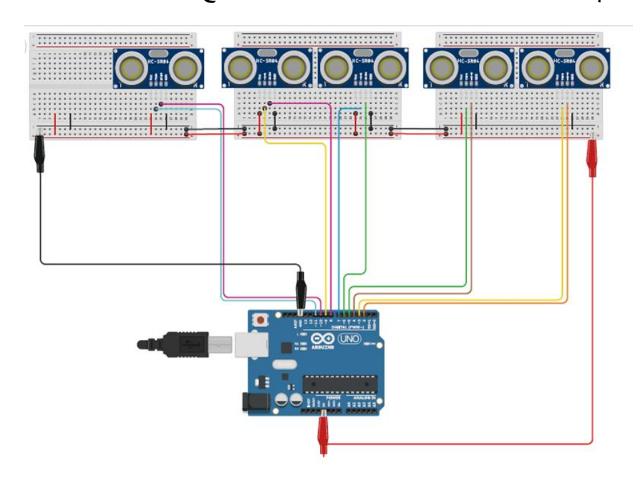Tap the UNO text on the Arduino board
pyautogui.click(x=349, y=338)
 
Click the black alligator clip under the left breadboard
pyautogui.click(x=40, y=155)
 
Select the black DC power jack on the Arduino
pyautogui.click(x=250, y=401)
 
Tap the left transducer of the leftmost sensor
pyautogui.click(x=132, y=67)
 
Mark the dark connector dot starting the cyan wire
pyautogui.click(x=156, y=109)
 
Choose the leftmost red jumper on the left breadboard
pyautogui.click(x=55, y=123)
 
